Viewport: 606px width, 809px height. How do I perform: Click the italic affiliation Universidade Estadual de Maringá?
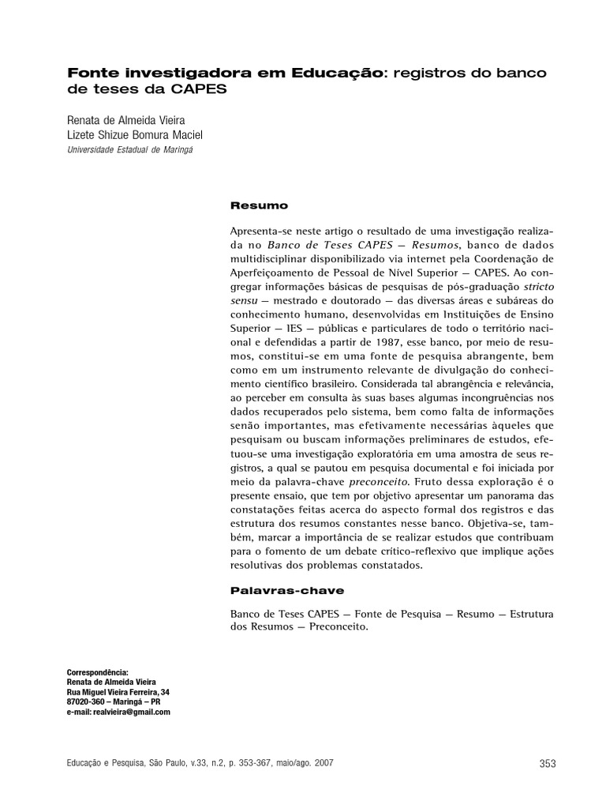(x=130, y=149)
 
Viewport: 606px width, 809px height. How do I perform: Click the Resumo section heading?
(x=259, y=205)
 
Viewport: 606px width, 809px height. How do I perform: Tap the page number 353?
(x=547, y=763)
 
